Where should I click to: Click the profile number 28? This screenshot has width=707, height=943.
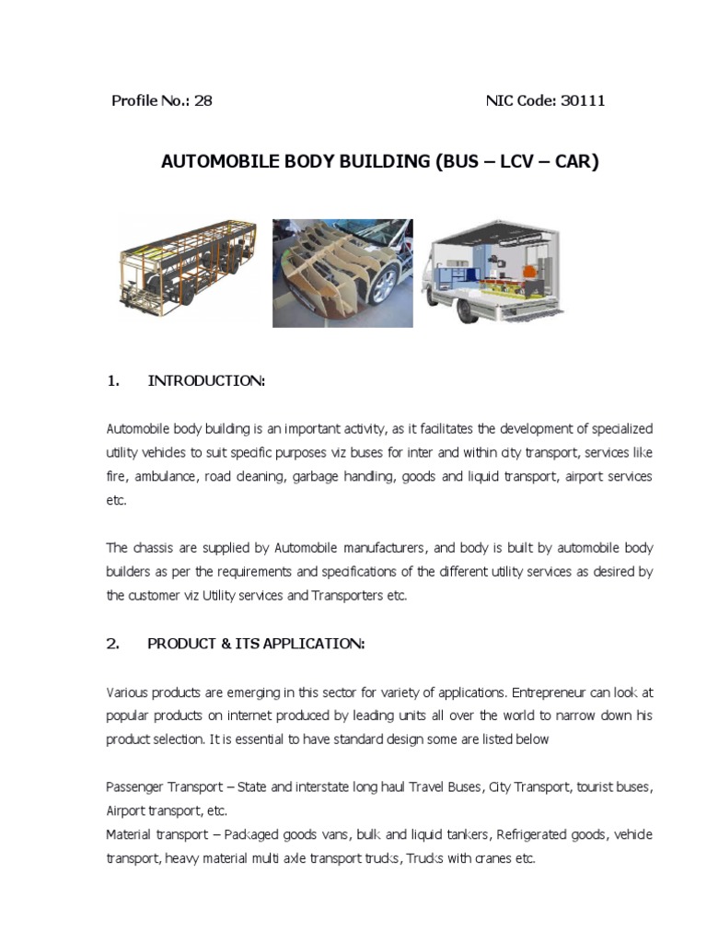tap(203, 100)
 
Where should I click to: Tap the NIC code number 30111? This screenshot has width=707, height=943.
tap(583, 100)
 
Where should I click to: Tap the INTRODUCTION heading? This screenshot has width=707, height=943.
tap(206, 381)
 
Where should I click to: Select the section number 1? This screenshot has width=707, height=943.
tap(113, 381)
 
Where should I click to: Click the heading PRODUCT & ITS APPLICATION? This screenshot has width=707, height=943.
tap(256, 644)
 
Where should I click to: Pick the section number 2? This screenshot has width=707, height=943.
tap(113, 644)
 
